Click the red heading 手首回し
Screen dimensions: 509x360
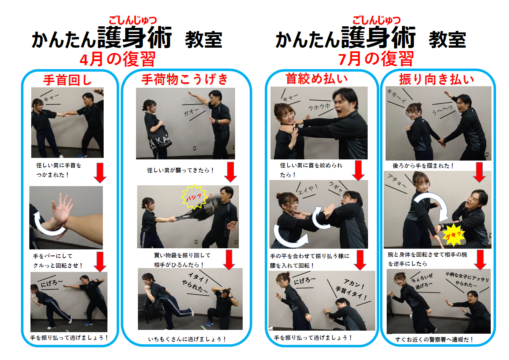pyautogui.click(x=67, y=80)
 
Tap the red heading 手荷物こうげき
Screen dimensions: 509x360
pyautogui.click(x=185, y=79)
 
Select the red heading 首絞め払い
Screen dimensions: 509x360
pyautogui.click(x=317, y=79)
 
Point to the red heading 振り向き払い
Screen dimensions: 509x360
pyautogui.click(x=437, y=79)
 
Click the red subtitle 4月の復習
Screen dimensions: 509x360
pyautogui.click(x=117, y=59)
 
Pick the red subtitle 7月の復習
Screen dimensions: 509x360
pyautogui.click(x=376, y=59)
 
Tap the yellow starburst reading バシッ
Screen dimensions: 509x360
pyautogui.click(x=194, y=197)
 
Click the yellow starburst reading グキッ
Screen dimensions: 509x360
pyautogui.click(x=453, y=235)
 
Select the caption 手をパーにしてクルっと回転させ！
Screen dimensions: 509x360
pyautogui.click(x=58, y=260)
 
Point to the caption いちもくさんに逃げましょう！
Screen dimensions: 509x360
pyautogui.click(x=187, y=339)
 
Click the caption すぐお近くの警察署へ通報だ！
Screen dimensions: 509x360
pyautogui.click(x=434, y=339)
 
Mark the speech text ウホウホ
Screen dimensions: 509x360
pyautogui.click(x=319, y=107)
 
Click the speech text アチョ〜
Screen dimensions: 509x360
pyautogui.click(x=397, y=180)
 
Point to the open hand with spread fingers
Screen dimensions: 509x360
pyautogui.click(x=62, y=209)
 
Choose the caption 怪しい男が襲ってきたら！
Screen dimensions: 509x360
pyautogui.click(x=181, y=170)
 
